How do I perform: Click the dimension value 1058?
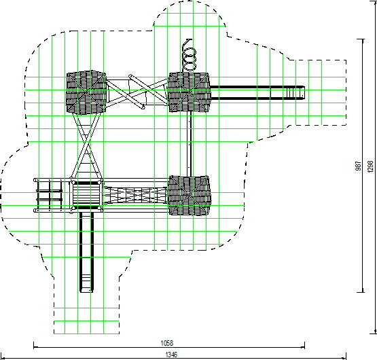coord(167,343)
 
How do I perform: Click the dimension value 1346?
coord(171,355)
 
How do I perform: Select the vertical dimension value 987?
coord(358,166)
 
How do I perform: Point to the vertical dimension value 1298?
coord(370,166)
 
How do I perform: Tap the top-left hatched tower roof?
coord(86,92)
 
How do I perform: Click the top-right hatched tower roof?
coord(190,92)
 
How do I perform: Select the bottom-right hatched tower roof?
coord(190,195)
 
